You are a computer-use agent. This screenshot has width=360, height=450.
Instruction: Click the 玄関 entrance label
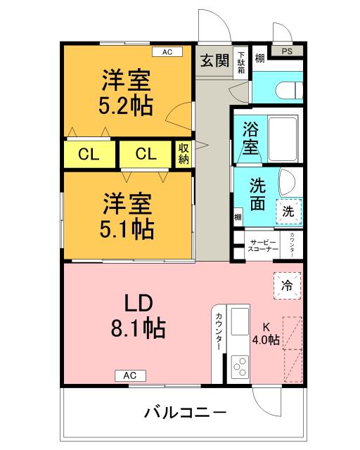tap(213, 60)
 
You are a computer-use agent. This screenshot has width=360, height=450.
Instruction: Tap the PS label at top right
tap(287, 51)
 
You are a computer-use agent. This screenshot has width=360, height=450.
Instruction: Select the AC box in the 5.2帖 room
tap(167, 51)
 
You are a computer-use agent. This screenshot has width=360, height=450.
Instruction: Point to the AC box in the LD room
tap(130, 375)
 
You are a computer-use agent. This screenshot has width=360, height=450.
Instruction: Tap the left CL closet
tap(88, 155)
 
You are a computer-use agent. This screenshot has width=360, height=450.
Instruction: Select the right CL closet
tap(146, 155)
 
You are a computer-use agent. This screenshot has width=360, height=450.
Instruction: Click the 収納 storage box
tap(183, 154)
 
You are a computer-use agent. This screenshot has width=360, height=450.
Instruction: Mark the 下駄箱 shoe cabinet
tap(240, 60)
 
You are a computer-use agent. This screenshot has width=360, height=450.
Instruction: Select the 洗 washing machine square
tap(288, 210)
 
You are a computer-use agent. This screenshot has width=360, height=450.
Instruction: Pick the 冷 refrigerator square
tap(287, 285)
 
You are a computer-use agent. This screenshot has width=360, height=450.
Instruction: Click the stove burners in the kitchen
tap(240, 366)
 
